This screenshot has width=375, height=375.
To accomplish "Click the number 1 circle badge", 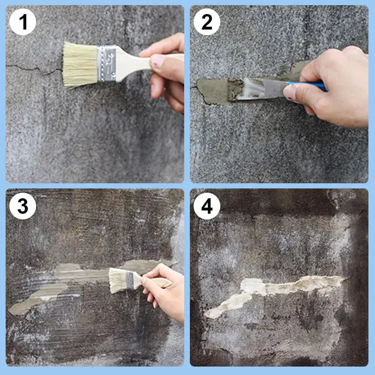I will (x=22, y=22).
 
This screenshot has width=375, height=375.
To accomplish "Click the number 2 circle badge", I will (x=207, y=22).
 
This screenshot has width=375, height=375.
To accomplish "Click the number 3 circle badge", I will (x=22, y=206).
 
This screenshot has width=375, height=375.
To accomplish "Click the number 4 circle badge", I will (x=207, y=206).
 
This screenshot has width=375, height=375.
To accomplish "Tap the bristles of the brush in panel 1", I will (x=80, y=65).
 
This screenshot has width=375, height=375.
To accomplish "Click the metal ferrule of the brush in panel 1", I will (x=107, y=63).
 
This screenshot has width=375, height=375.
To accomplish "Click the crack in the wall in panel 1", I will (x=33, y=69).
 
